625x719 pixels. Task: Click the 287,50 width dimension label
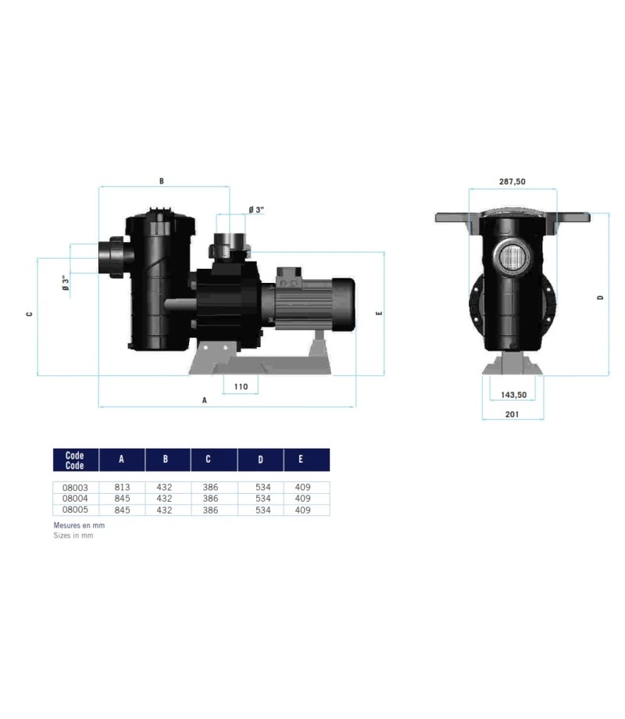click(512, 181)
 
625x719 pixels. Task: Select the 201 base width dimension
click(512, 414)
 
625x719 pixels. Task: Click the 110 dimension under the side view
click(240, 386)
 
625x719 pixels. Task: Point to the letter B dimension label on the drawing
click(162, 181)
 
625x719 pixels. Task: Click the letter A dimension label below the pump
click(205, 399)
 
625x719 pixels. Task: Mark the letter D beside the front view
click(601, 297)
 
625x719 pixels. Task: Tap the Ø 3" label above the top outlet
click(256, 209)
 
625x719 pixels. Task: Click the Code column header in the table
click(75, 460)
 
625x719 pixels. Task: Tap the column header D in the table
click(260, 460)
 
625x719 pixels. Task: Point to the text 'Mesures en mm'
click(78, 526)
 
